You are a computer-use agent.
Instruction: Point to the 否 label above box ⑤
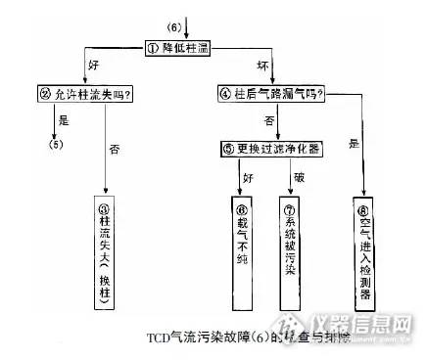[266, 121]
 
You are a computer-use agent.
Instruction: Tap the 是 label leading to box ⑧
[352, 145]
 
